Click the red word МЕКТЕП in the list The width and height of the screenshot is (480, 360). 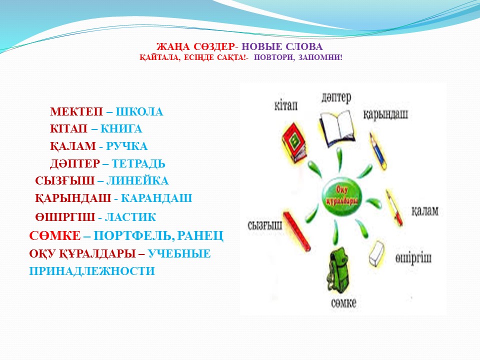click(x=76, y=111)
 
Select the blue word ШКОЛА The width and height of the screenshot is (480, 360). click(x=139, y=111)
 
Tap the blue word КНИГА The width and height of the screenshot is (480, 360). click(x=121, y=129)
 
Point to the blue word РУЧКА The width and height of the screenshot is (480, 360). click(x=126, y=146)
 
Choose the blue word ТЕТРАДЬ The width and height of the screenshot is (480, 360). click(x=138, y=164)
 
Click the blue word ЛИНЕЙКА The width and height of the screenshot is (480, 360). click(x=137, y=181)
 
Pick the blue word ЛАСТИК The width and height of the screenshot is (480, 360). click(x=130, y=217)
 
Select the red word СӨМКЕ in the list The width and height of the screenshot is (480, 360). click(x=55, y=235)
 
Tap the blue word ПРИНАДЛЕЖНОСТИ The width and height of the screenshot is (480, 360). click(x=92, y=271)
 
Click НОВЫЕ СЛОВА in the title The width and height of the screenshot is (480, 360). click(x=282, y=47)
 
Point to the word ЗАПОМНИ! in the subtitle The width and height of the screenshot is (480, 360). click(x=320, y=57)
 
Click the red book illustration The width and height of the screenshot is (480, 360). click(x=294, y=142)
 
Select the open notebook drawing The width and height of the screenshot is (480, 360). click(x=337, y=128)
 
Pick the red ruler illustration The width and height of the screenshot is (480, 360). click(x=296, y=231)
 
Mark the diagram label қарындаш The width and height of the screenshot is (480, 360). click(x=385, y=114)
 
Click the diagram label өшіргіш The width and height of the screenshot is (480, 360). click(x=413, y=258)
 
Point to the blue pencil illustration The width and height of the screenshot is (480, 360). click(x=378, y=151)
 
